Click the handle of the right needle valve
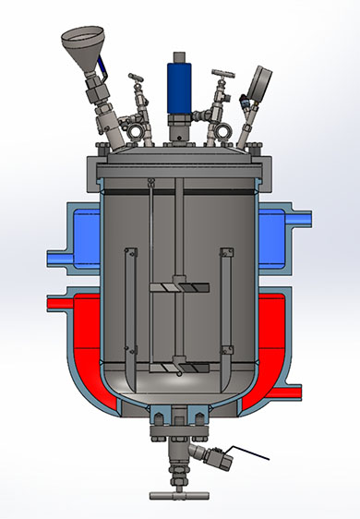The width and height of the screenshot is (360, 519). click(222, 74)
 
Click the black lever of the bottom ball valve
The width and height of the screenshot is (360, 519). click(250, 454)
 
